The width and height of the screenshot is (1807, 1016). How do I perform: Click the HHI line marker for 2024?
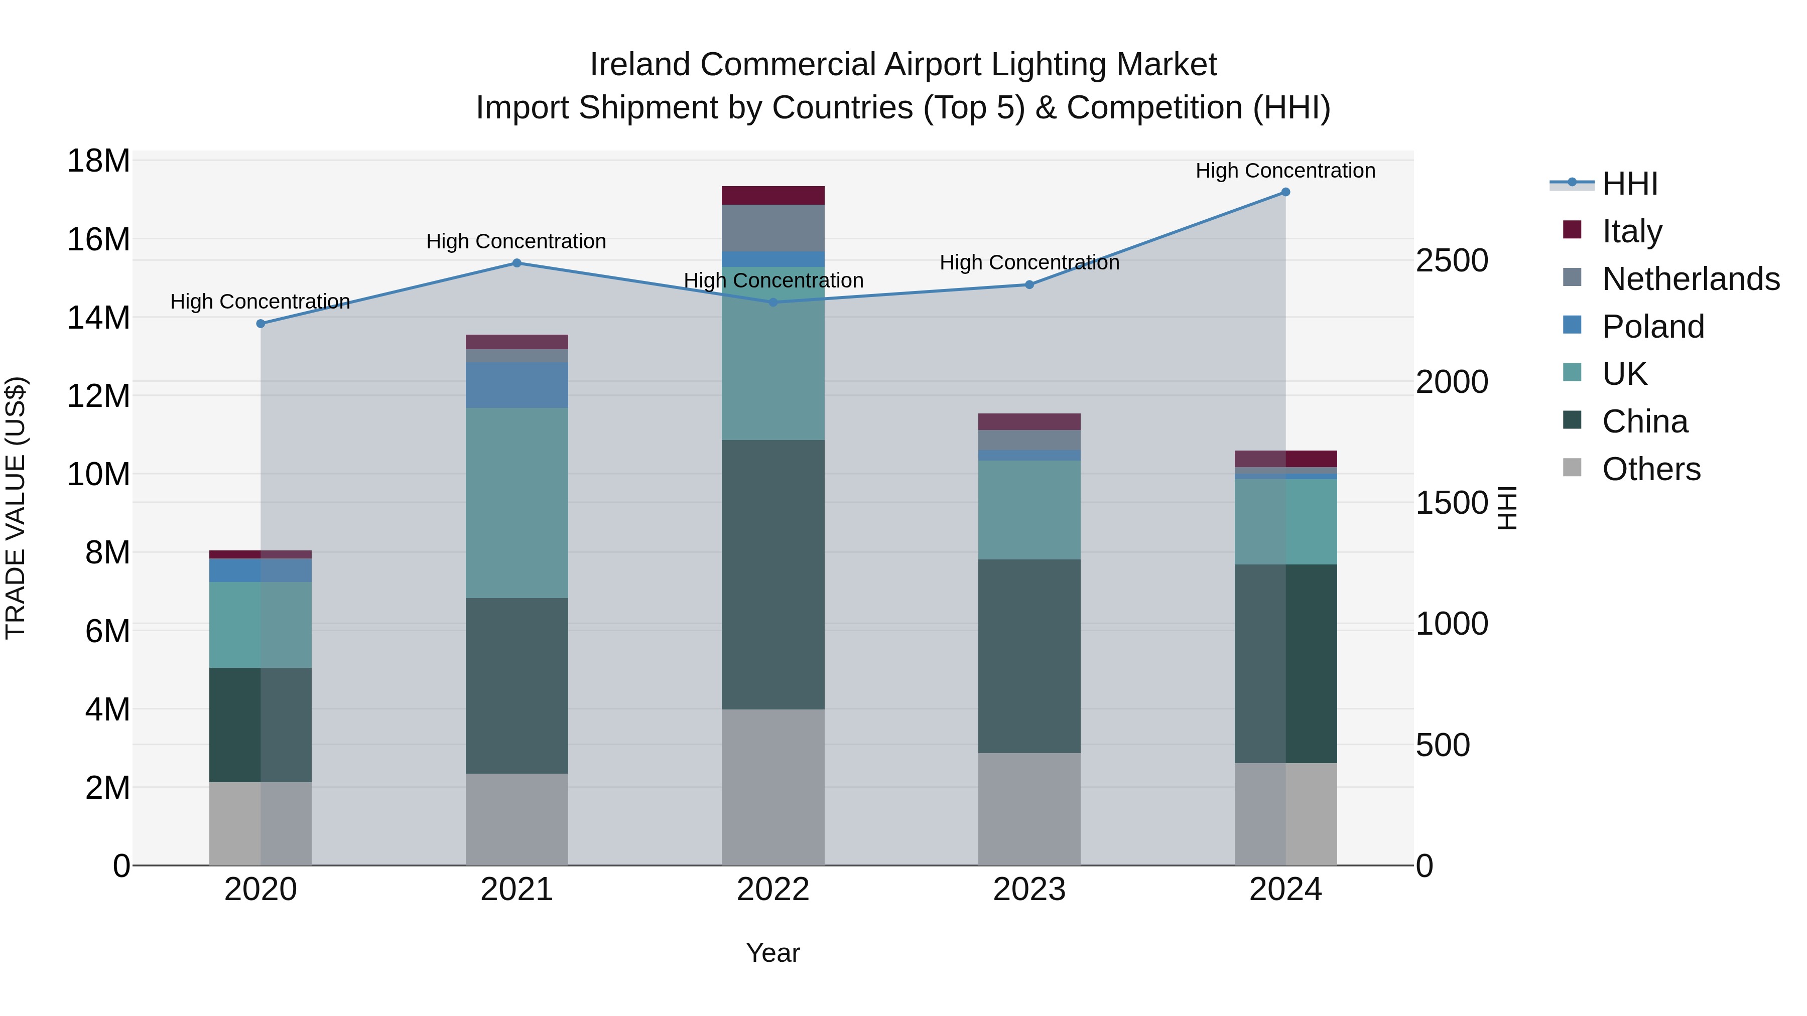1285,192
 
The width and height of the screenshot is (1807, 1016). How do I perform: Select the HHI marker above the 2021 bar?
517,263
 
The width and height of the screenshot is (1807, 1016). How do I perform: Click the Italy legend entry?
1632,231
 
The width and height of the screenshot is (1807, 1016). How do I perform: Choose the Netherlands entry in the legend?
1691,278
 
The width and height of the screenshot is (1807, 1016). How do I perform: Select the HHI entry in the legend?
1629,184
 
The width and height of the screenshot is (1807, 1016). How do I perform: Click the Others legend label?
1651,469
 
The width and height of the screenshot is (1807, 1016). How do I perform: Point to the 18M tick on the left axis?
98,161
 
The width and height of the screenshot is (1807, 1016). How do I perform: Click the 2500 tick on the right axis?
1451,261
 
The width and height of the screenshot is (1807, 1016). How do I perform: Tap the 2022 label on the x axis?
773,890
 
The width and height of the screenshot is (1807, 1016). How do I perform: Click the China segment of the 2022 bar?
773,575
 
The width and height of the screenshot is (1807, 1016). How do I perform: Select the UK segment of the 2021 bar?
517,502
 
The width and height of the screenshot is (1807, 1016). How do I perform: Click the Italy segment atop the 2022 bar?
773,195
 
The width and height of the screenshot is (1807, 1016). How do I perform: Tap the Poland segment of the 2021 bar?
517,385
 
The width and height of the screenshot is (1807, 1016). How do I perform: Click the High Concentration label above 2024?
1285,171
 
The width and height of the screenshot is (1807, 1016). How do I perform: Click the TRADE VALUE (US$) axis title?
16,508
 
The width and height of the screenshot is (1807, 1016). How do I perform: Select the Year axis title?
773,953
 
